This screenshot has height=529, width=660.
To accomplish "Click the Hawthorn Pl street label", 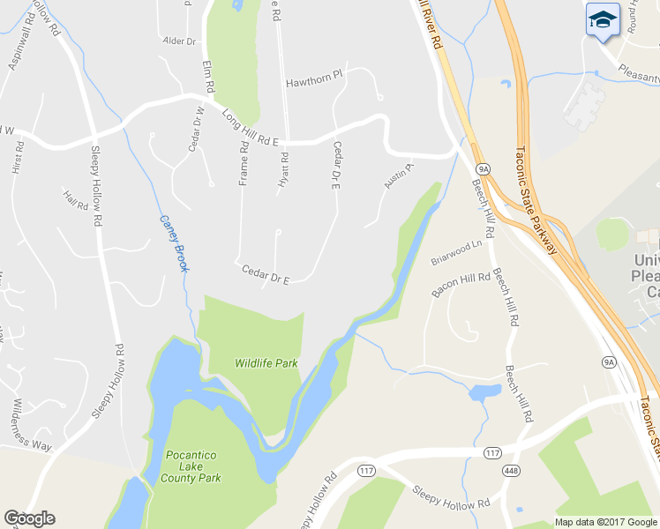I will point(314,83).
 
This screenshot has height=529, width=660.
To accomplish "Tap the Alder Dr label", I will point(179,41).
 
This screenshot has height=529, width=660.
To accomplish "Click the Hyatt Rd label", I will point(284,166).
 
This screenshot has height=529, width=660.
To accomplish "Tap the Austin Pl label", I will point(398,175).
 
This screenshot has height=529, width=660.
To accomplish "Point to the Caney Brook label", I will point(174,243).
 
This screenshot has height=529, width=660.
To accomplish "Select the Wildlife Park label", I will point(266,362).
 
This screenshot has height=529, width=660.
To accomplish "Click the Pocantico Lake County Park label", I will point(191,466).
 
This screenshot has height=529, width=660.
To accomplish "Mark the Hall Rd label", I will point(76,200).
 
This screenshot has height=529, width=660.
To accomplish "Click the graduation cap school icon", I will point(604,19).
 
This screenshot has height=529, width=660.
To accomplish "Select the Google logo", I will point(29,518).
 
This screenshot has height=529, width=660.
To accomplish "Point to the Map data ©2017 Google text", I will point(604,521).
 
